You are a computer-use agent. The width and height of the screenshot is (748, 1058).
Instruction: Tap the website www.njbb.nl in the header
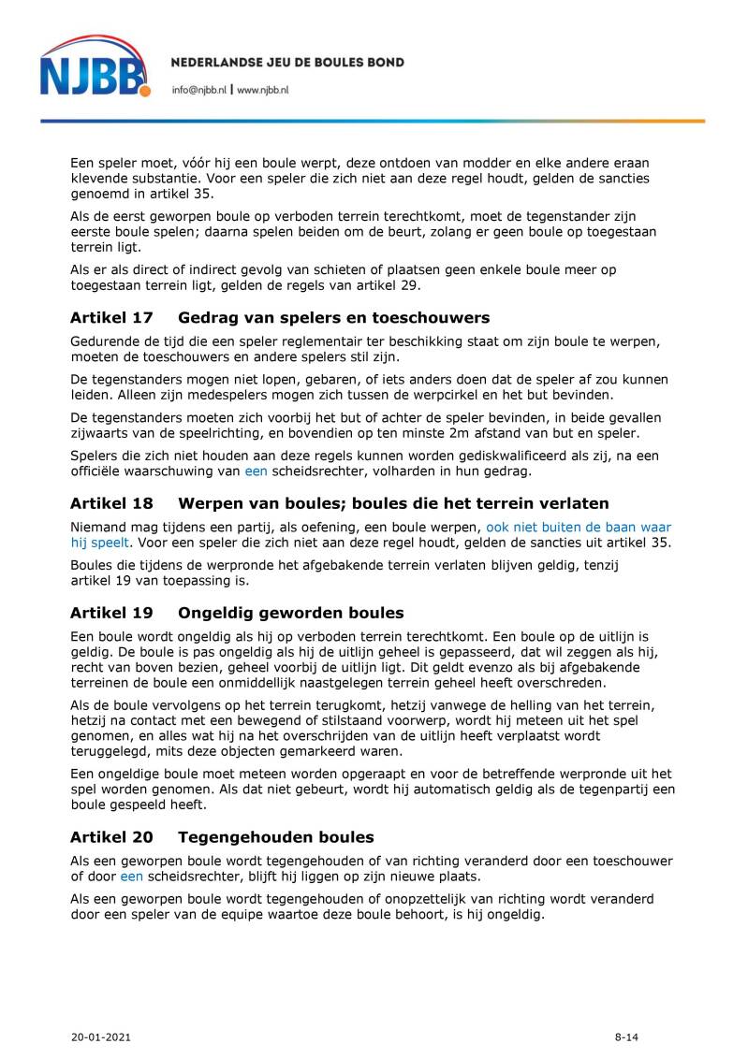[x=263, y=89]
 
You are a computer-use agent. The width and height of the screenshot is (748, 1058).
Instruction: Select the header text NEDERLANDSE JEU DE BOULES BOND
[x=287, y=63]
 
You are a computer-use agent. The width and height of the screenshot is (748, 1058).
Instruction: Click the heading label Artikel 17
[x=111, y=318]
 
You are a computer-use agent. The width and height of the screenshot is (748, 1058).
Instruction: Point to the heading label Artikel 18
[x=111, y=503]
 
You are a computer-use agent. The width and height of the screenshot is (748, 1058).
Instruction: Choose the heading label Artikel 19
[x=111, y=614]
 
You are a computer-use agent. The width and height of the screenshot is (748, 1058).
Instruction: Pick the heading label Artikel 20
[x=111, y=837]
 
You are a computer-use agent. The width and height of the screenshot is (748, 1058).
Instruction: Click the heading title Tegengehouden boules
[x=275, y=837]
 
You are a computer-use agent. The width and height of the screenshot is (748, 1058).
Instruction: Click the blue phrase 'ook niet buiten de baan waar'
[x=578, y=528]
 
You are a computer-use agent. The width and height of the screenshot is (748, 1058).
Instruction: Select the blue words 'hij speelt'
[x=99, y=543]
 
